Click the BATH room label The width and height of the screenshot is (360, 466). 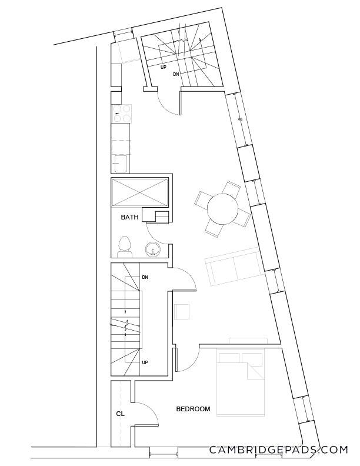(x=129, y=217)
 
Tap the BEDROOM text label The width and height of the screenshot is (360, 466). (x=193, y=408)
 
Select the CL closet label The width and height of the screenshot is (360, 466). (x=120, y=414)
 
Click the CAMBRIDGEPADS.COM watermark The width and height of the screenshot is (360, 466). (x=278, y=450)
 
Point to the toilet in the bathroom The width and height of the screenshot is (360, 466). (x=124, y=246)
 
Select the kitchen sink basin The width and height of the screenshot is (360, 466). (x=121, y=163)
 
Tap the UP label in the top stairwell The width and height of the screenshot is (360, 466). (x=164, y=67)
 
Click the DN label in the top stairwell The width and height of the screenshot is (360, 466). (x=176, y=74)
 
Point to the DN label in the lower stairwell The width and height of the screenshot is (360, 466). (x=145, y=277)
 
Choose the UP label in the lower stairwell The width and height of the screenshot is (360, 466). (x=145, y=362)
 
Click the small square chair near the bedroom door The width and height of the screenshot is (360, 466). (x=182, y=311)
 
